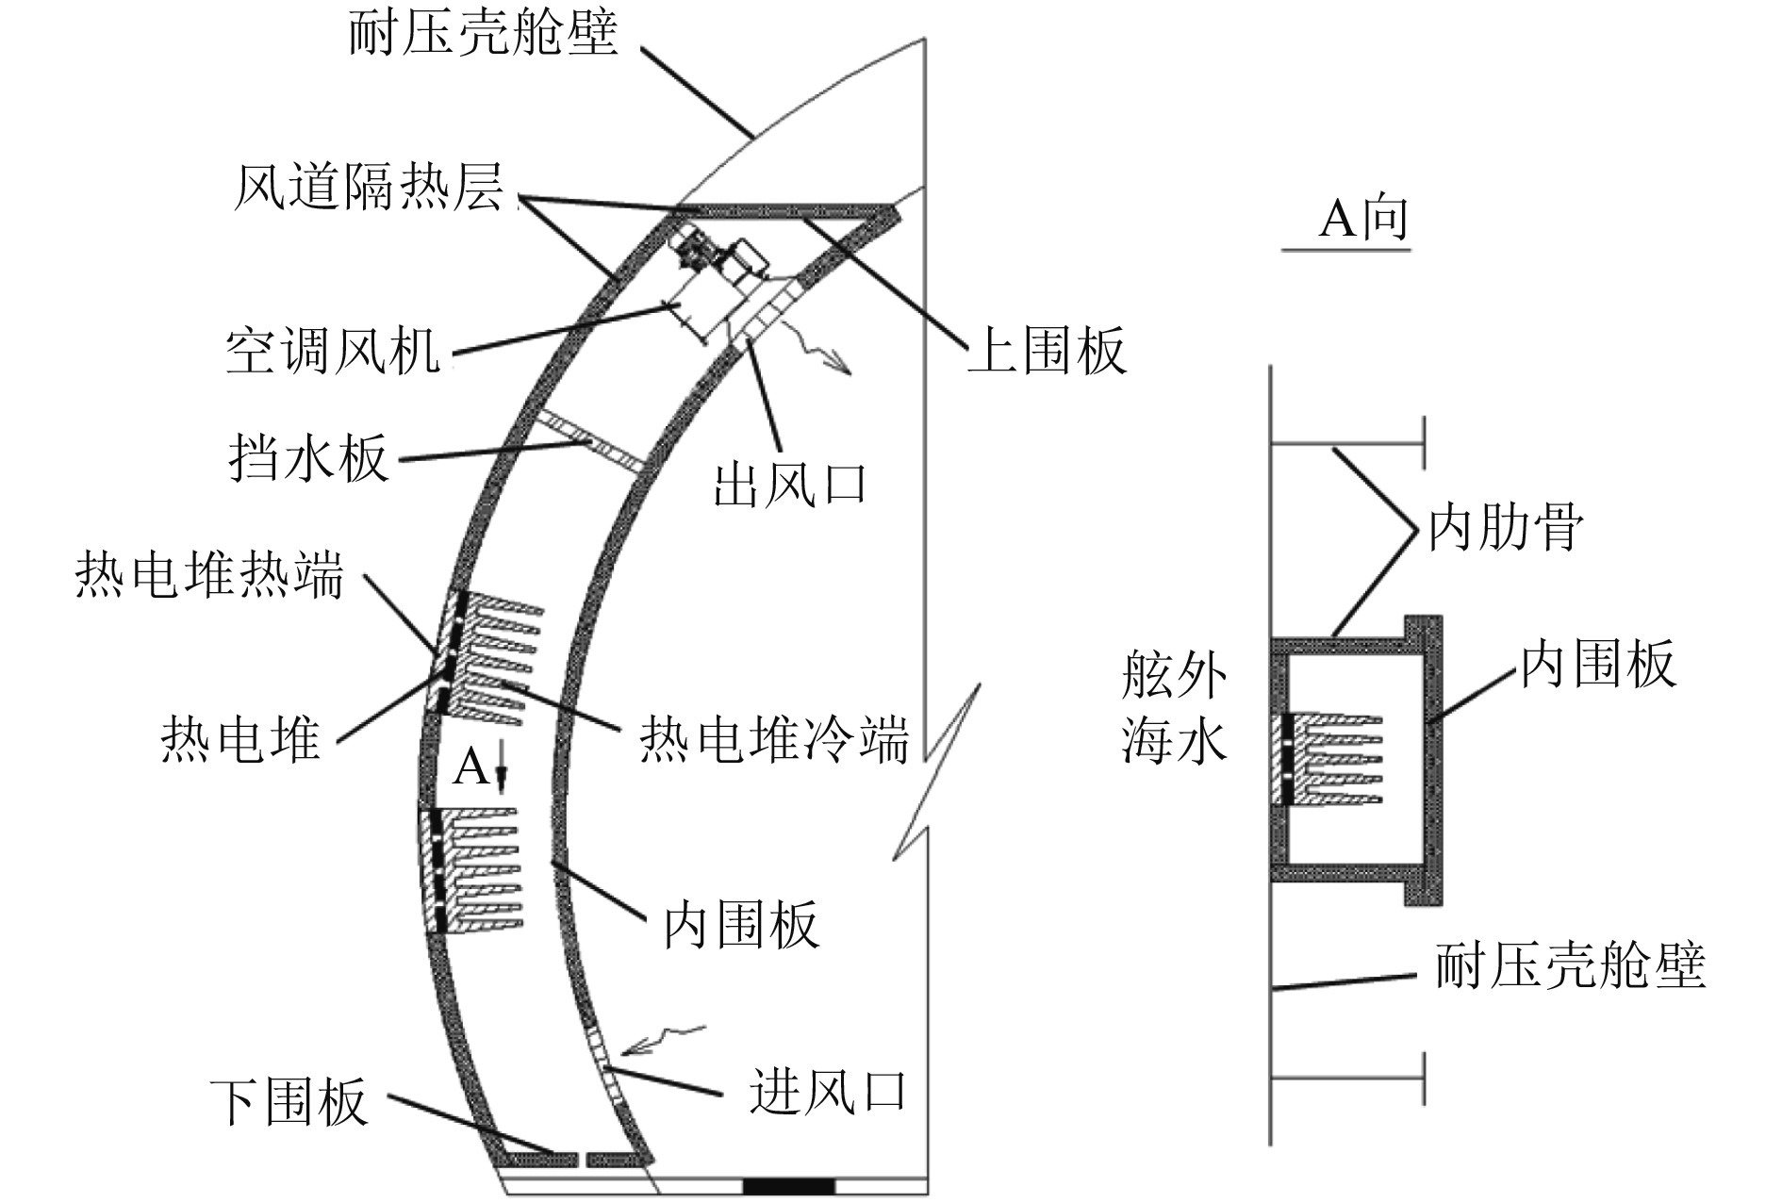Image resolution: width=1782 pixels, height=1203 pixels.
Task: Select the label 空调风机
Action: (333, 352)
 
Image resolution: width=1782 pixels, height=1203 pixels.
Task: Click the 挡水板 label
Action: (308, 459)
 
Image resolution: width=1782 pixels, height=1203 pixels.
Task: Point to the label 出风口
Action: (789, 486)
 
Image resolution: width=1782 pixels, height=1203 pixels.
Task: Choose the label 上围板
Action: (1047, 352)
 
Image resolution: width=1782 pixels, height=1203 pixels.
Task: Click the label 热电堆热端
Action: (209, 574)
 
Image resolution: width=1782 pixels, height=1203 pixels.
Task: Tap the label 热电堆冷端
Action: (774, 739)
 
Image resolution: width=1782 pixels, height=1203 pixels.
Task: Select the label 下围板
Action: (288, 1102)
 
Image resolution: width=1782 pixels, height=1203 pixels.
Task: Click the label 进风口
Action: (828, 1093)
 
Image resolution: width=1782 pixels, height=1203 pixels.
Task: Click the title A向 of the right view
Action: (1362, 219)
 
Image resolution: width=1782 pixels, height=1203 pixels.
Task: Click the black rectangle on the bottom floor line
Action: (788, 1185)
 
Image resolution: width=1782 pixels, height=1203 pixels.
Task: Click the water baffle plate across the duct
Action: (592, 441)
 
